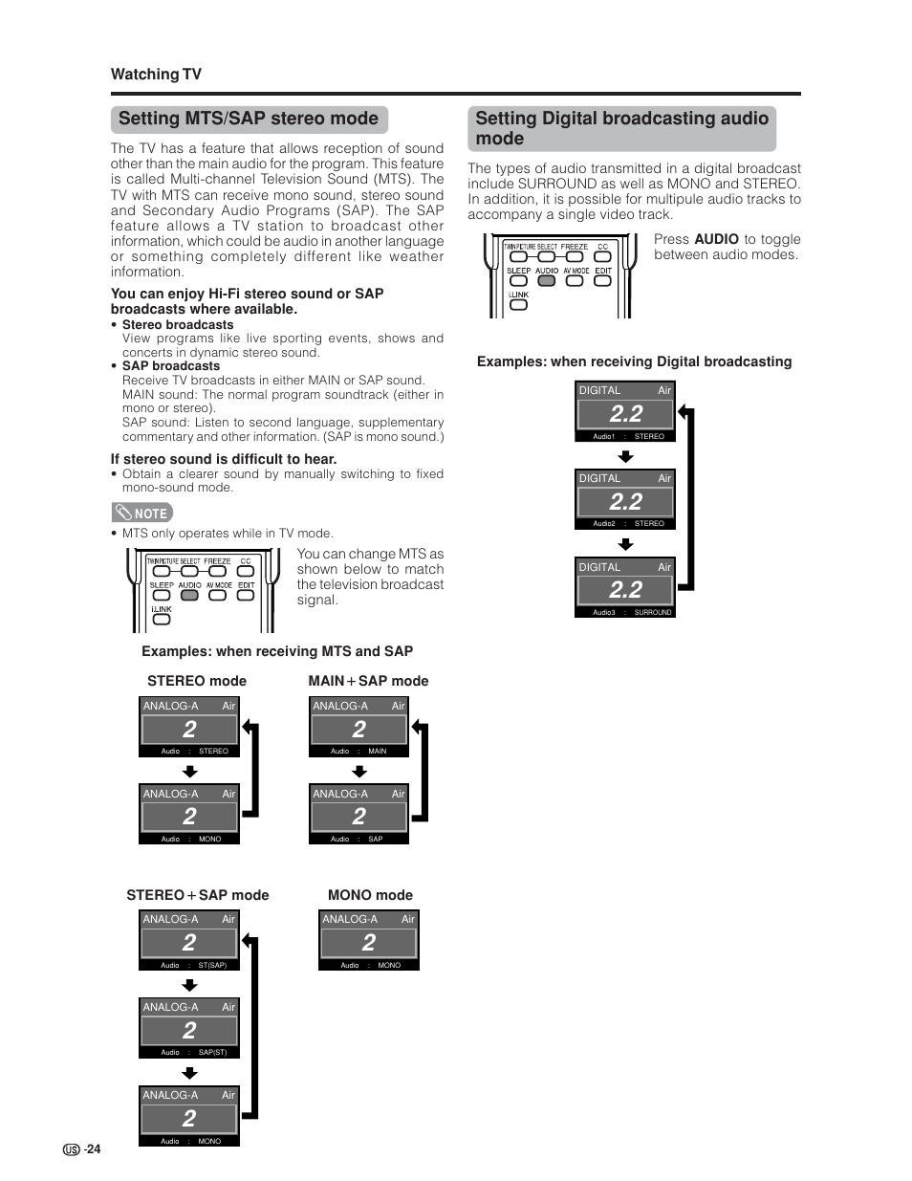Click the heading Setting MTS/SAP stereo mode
point(249,119)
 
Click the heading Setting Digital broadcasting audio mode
point(621,128)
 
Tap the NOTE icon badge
point(142,513)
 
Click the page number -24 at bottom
point(92,1148)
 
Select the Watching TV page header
point(156,75)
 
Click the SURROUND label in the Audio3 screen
point(653,612)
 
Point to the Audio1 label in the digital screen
point(603,436)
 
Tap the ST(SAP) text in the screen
point(212,965)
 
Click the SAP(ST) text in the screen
point(212,1052)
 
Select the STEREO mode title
point(197,681)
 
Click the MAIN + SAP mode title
point(368,681)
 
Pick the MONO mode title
point(370,895)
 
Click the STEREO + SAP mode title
point(198,895)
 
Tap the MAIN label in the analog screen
point(378,751)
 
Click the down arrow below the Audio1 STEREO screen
point(625,456)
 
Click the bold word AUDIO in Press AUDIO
point(716,239)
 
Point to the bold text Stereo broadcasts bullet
point(178,325)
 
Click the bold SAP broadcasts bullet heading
point(171,366)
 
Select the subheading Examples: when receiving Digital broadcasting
point(634,361)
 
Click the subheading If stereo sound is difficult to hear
point(224,459)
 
